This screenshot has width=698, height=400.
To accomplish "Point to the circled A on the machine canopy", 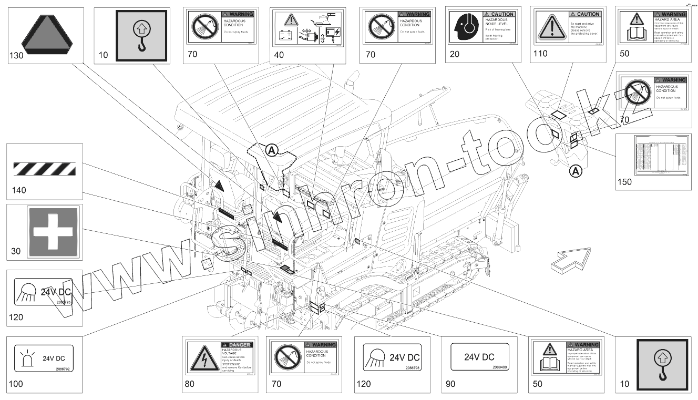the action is (x=271, y=151).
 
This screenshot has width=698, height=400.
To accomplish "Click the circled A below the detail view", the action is (x=577, y=171).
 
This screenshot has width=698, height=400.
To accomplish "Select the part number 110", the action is (x=540, y=53).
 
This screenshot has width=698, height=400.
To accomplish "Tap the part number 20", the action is (x=454, y=54).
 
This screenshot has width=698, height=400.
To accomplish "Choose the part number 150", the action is (x=625, y=182).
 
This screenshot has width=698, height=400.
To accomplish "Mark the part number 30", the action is (x=16, y=251).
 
